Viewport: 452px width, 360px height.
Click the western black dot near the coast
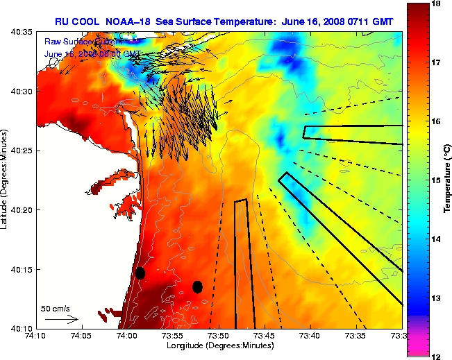pyautogui.click(x=140, y=273)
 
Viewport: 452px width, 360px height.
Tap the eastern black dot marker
pyautogui.click(x=197, y=286)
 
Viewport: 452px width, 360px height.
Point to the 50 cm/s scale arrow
pyautogui.click(x=60, y=320)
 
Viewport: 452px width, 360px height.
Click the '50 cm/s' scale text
pyautogui.click(x=54, y=308)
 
